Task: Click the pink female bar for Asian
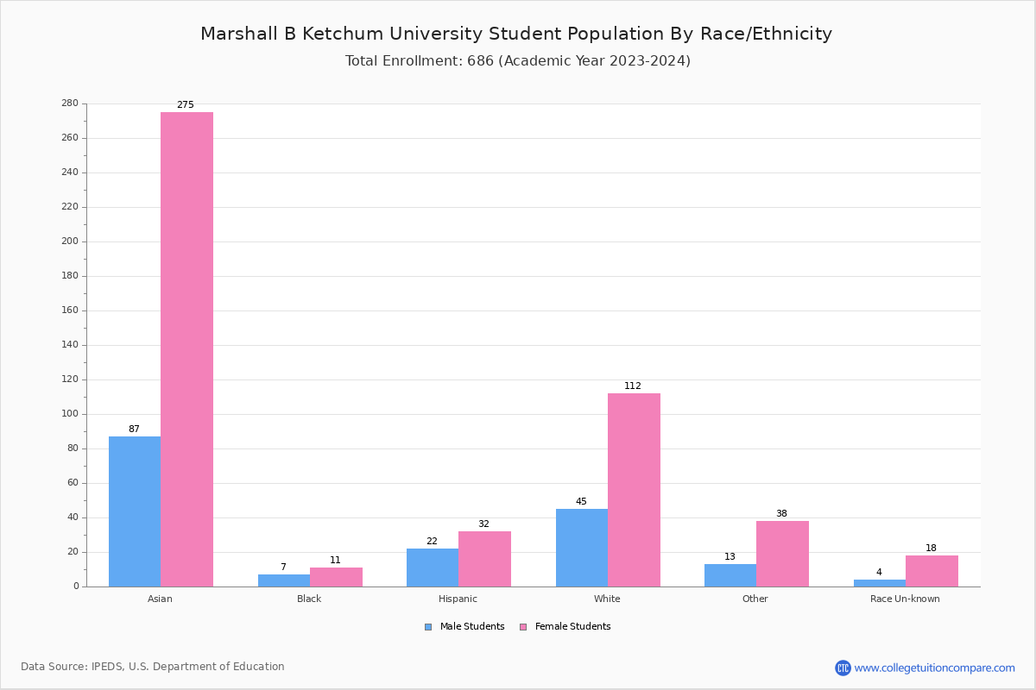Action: click(x=186, y=349)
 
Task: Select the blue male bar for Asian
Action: click(x=135, y=511)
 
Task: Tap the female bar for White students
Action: click(x=634, y=490)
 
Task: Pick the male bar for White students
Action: click(x=582, y=548)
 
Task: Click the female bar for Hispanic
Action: click(x=484, y=559)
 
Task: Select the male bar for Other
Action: click(x=730, y=575)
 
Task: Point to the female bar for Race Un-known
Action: click(x=932, y=571)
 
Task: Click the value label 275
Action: click(x=186, y=105)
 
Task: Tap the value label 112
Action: click(x=633, y=386)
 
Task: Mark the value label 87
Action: click(x=134, y=430)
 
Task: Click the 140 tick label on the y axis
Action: click(x=69, y=345)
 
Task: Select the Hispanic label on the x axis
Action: click(x=458, y=599)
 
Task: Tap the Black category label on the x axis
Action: click(x=309, y=599)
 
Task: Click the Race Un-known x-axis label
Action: click(x=905, y=599)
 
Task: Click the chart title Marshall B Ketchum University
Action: click(x=516, y=34)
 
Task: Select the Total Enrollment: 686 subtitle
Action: click(x=518, y=61)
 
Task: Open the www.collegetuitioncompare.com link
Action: click(x=934, y=668)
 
